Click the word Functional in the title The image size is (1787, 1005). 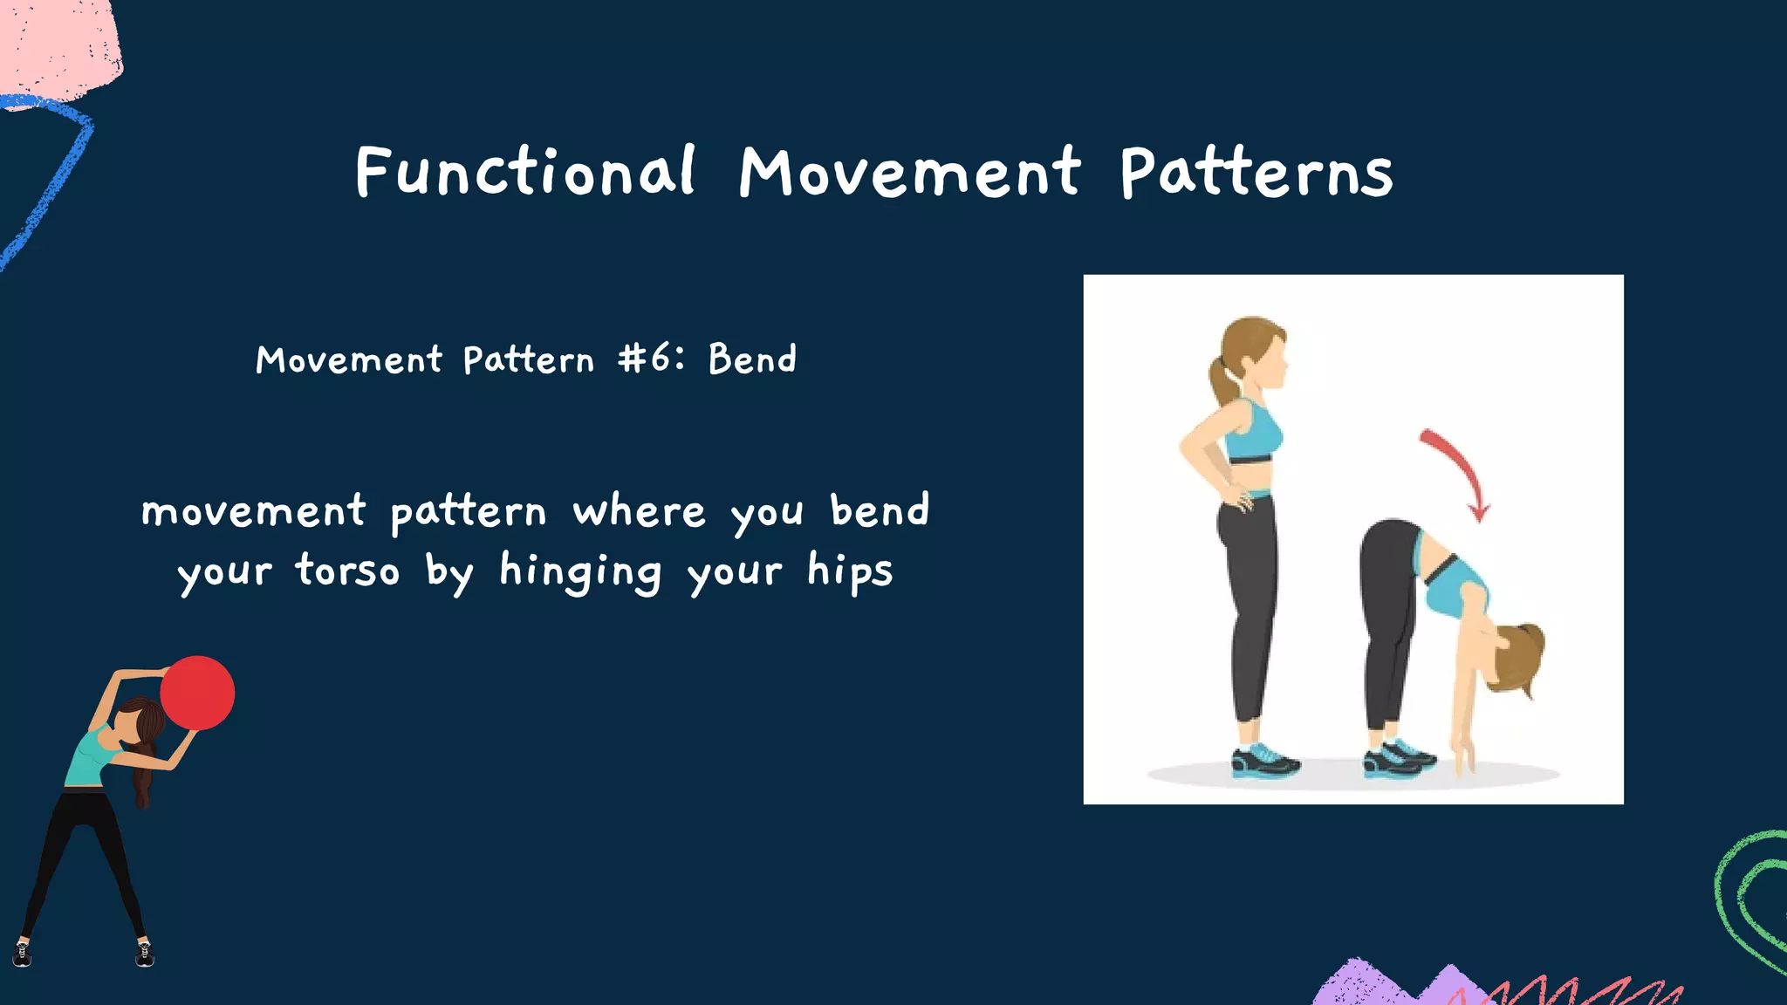pyautogui.click(x=525, y=171)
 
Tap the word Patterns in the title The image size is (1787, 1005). pyautogui.click(x=1256, y=173)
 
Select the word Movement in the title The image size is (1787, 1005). pyautogui.click(x=910, y=173)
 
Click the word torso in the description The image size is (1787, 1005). pyautogui.click(x=347, y=571)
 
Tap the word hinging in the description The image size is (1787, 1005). pyautogui.click(x=580, y=571)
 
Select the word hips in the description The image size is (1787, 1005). pyautogui.click(x=849, y=571)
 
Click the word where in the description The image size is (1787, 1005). pyautogui.click(x=639, y=511)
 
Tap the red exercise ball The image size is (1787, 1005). pyautogui.click(x=198, y=693)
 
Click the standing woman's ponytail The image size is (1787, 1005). pyautogui.click(x=1223, y=377)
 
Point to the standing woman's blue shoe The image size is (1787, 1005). pyautogui.click(x=1263, y=761)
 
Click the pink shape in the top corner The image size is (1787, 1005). pyautogui.click(x=57, y=44)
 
